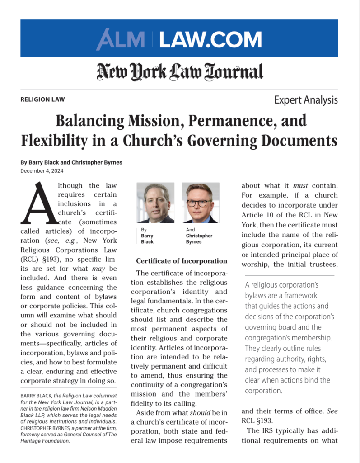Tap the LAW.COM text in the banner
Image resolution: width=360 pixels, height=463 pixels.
click(210, 39)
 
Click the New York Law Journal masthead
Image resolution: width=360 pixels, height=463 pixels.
click(179, 71)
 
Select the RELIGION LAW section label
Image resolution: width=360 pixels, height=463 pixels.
click(42, 99)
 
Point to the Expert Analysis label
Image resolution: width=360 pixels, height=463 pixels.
click(306, 100)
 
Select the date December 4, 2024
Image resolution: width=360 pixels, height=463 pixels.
click(42, 170)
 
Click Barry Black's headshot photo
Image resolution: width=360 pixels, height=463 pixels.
click(155, 203)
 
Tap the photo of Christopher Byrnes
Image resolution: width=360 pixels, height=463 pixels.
click(200, 203)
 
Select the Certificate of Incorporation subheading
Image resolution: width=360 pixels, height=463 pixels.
click(182, 261)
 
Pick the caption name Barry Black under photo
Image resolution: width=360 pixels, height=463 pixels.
click(147, 239)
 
